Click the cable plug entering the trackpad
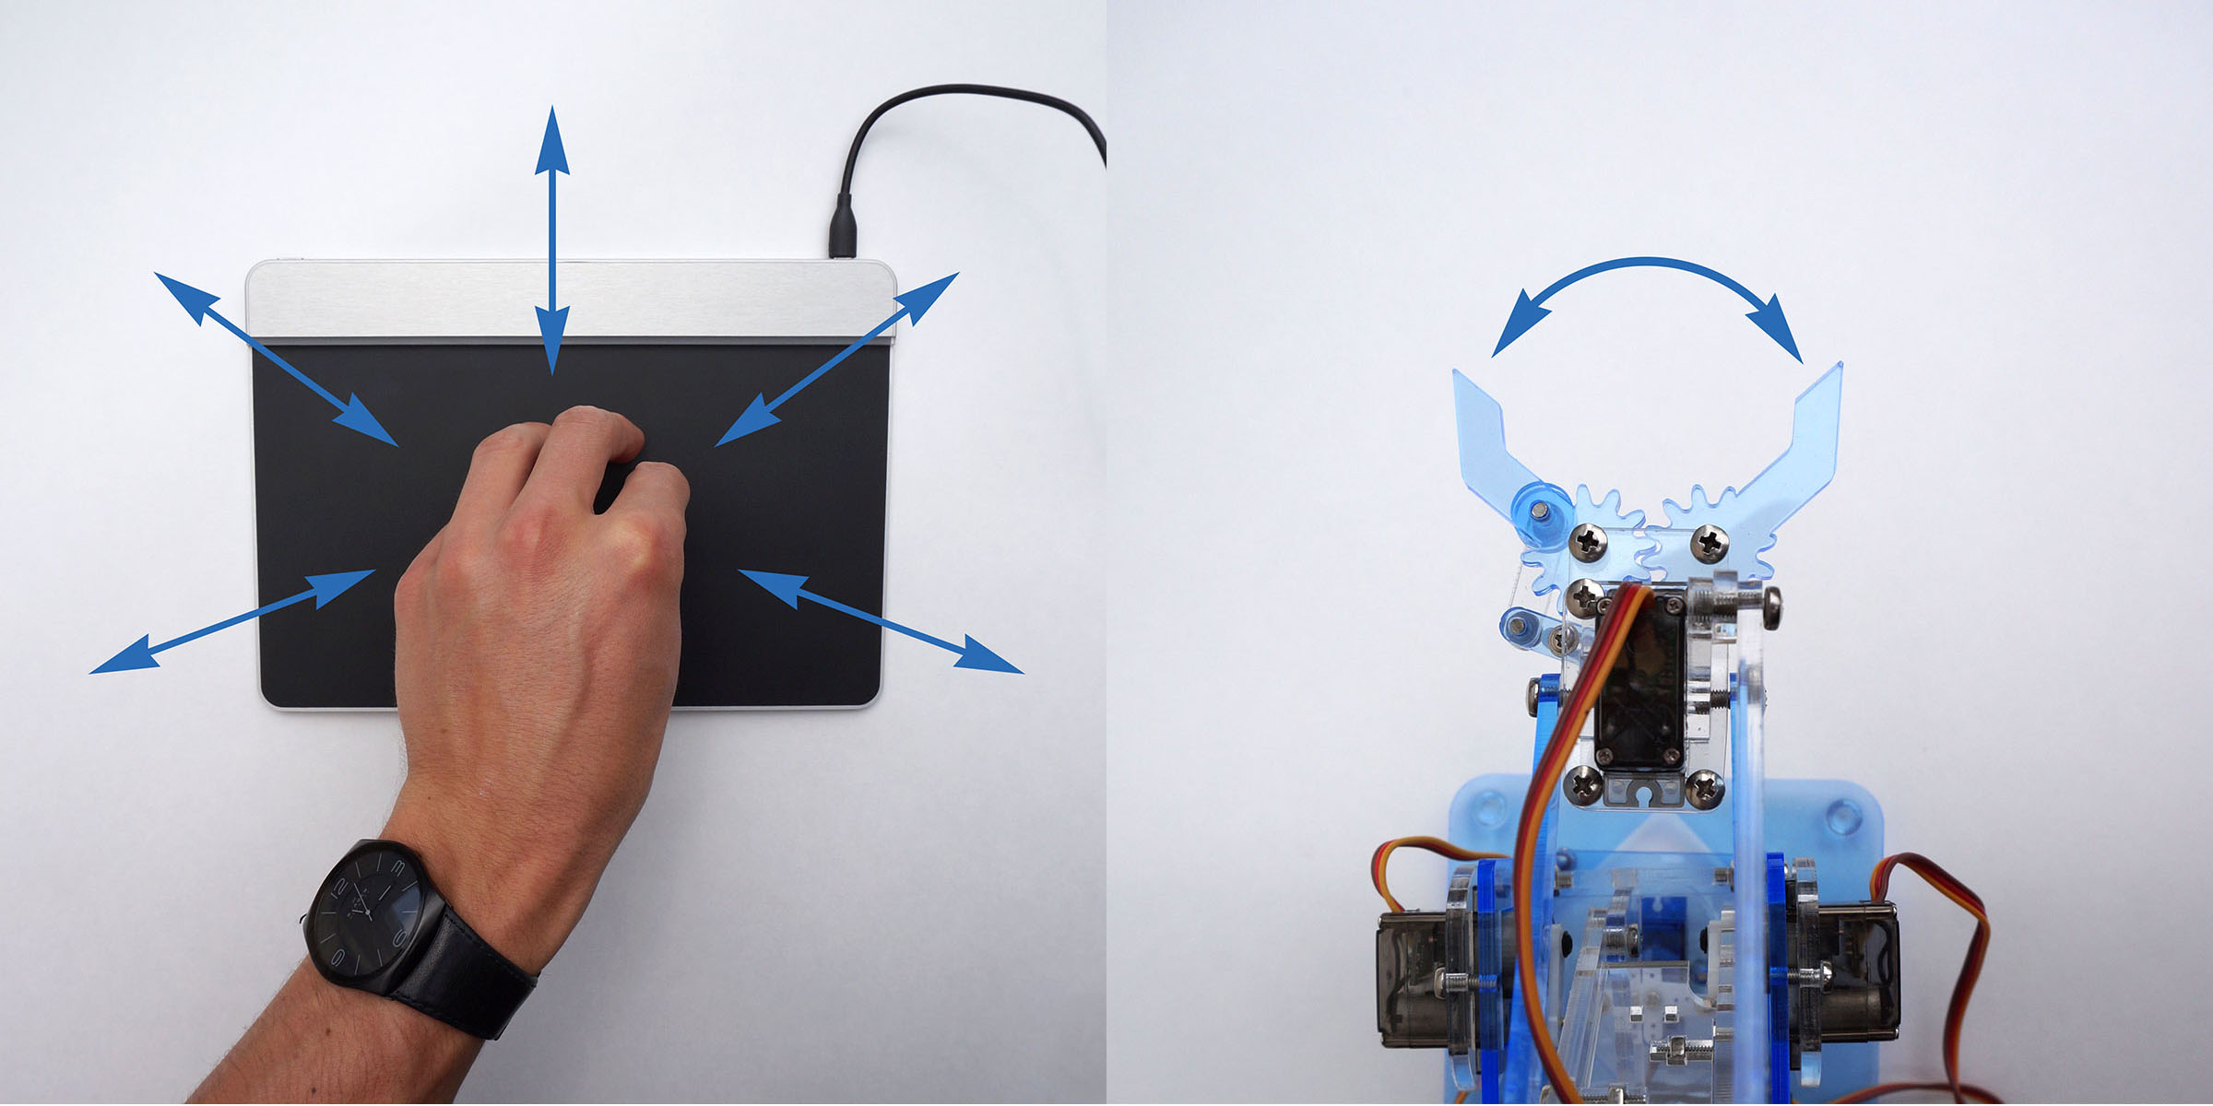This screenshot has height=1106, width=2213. (x=842, y=229)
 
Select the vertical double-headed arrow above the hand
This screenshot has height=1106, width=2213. (x=551, y=240)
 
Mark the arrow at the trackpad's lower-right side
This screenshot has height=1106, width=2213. (x=881, y=621)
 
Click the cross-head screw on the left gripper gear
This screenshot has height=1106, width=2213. (x=1588, y=541)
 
